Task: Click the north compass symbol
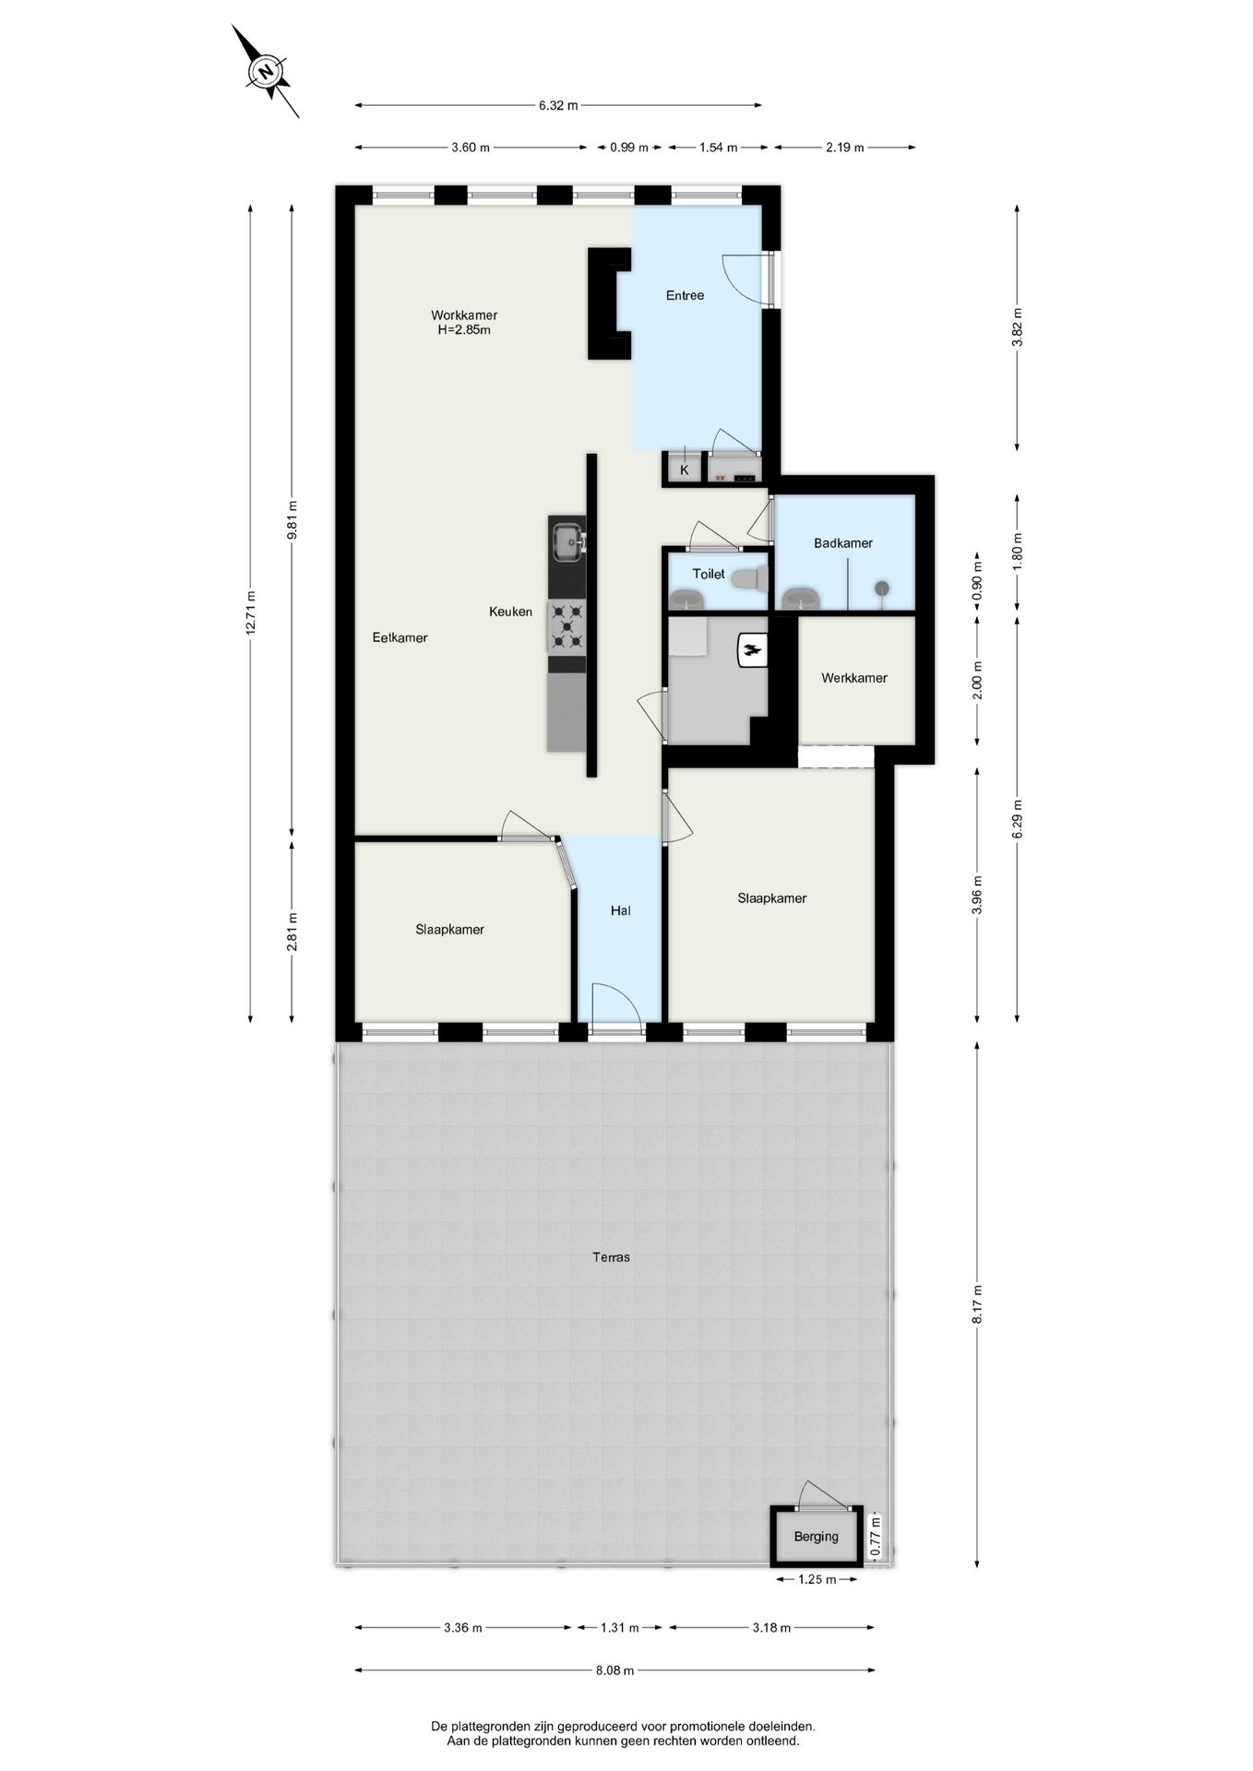pos(266,72)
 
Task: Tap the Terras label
pos(612,1256)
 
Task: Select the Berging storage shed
pos(817,1536)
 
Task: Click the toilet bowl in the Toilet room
pos(749,579)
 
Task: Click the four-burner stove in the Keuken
pos(567,626)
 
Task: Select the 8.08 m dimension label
pos(615,1670)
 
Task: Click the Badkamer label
pos(842,543)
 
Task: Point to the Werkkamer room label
pos(854,678)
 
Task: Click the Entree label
pos(685,295)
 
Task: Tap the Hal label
pos(620,910)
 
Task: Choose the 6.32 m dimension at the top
pos(558,105)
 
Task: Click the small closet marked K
pos(684,470)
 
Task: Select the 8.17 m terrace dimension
pos(977,1304)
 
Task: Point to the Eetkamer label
pos(400,637)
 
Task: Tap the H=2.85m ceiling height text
pos(464,329)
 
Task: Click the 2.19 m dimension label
pos(844,148)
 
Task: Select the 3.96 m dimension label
pos(977,895)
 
